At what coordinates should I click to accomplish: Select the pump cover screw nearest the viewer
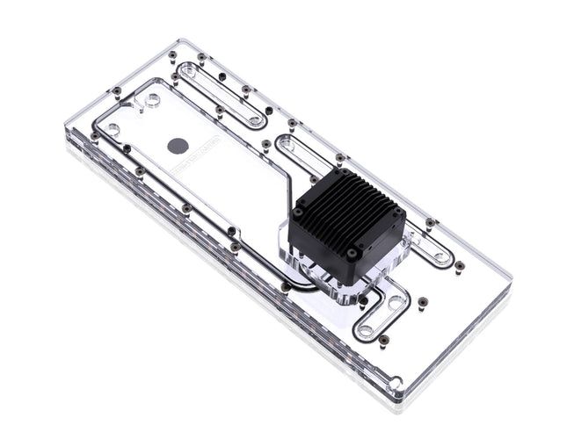coord(352,253)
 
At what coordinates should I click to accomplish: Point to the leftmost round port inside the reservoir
coord(113,129)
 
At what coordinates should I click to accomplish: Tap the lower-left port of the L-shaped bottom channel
coord(364,331)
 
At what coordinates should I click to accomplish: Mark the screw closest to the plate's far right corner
coord(459,264)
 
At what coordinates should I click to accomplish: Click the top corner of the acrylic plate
coord(183,40)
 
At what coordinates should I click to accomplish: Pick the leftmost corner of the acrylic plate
coord(67,132)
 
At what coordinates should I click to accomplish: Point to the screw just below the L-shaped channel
coord(383,339)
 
